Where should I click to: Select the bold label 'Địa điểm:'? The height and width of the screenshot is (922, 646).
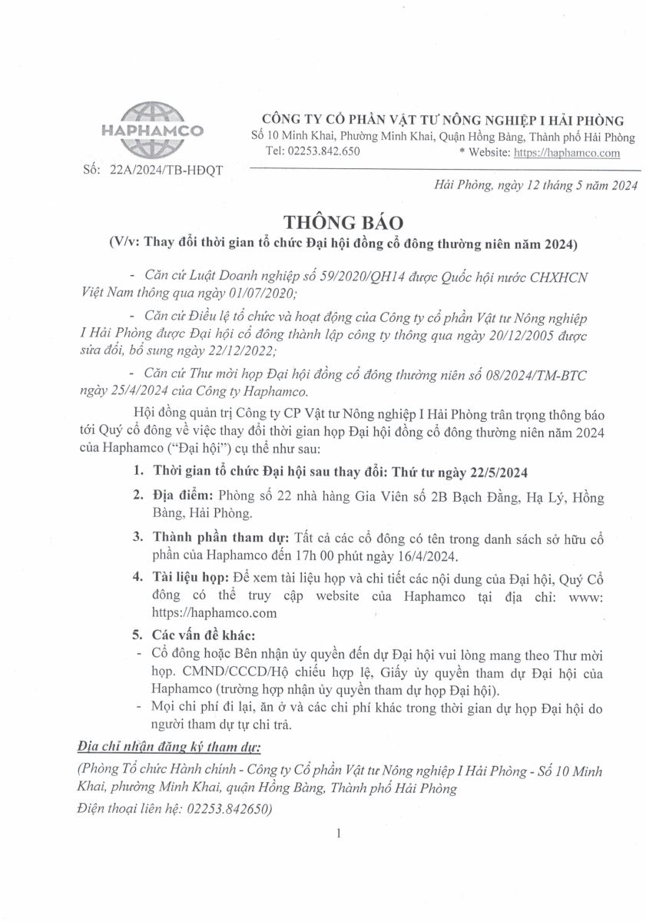click(186, 498)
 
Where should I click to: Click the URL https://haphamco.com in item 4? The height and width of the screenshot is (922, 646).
click(215, 614)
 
